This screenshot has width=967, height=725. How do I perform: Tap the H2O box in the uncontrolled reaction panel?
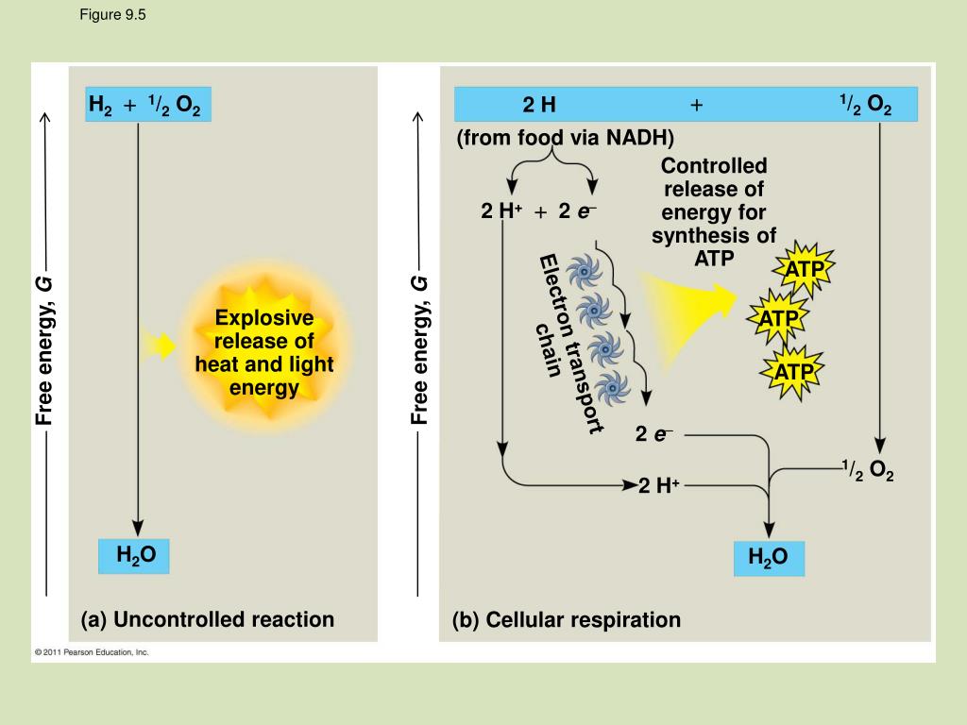136,556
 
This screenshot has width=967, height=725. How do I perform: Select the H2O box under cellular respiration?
769,558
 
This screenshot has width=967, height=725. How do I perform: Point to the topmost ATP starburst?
805,272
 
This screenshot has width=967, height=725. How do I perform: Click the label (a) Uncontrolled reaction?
208,620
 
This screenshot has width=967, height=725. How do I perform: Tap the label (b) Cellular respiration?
566,620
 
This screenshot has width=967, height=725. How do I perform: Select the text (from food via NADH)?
566,139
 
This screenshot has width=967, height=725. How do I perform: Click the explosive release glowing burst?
263,351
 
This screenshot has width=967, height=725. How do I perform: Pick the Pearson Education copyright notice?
92,652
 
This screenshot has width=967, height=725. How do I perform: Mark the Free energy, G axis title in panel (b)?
419,349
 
